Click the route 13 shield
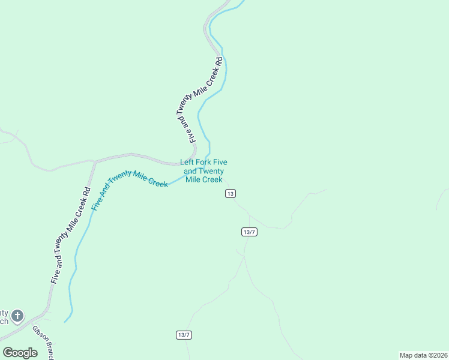pos(231,193)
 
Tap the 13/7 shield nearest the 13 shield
pos(250,232)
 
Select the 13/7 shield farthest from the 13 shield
pos(184,335)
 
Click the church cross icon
pos(18,316)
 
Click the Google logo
pos(20,353)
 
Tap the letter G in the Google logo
pos(8,352)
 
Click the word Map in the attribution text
pos(407,355)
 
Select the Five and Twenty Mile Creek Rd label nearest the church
pos(71,236)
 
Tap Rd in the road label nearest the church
pos(88,193)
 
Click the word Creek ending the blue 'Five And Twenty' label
pos(157,181)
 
